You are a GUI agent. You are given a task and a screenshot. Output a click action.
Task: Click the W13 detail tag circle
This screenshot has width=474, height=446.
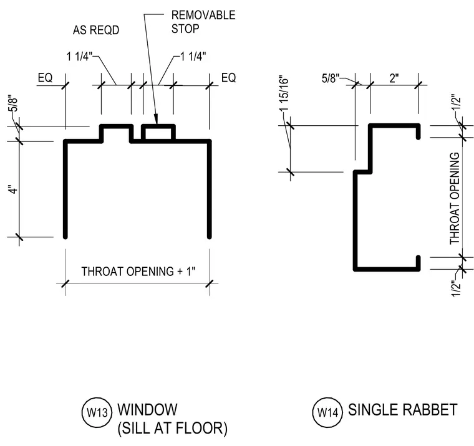point(97,412)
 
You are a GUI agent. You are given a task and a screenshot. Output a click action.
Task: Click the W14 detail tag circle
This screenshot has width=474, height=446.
point(327,412)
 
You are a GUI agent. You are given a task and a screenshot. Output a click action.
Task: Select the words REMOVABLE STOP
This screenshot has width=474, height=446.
point(203,22)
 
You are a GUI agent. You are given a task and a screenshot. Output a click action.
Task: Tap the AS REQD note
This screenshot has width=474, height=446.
point(96,30)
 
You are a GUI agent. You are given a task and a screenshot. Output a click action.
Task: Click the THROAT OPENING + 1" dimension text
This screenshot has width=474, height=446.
point(138,271)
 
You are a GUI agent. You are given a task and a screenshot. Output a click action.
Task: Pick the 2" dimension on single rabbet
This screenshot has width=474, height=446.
point(394,78)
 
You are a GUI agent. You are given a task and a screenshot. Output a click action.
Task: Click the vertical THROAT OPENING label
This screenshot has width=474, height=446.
point(455,198)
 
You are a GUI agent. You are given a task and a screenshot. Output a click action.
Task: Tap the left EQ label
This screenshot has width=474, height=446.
point(45,78)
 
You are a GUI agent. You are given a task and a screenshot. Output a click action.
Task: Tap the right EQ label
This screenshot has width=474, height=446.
point(228,78)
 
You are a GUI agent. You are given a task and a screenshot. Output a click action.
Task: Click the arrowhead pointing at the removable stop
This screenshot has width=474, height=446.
point(156,119)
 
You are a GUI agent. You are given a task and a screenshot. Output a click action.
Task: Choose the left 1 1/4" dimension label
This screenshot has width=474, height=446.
point(79,56)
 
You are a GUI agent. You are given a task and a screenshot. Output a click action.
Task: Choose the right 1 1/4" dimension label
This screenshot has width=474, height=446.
point(193,56)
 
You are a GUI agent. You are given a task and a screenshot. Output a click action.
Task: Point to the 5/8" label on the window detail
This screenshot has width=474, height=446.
point(13,105)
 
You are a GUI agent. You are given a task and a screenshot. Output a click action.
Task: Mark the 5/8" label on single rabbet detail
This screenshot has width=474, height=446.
point(331,78)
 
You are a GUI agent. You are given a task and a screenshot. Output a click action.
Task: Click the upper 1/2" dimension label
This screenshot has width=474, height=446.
point(457,103)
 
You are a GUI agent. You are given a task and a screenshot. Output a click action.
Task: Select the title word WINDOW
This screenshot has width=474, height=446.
point(148,410)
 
